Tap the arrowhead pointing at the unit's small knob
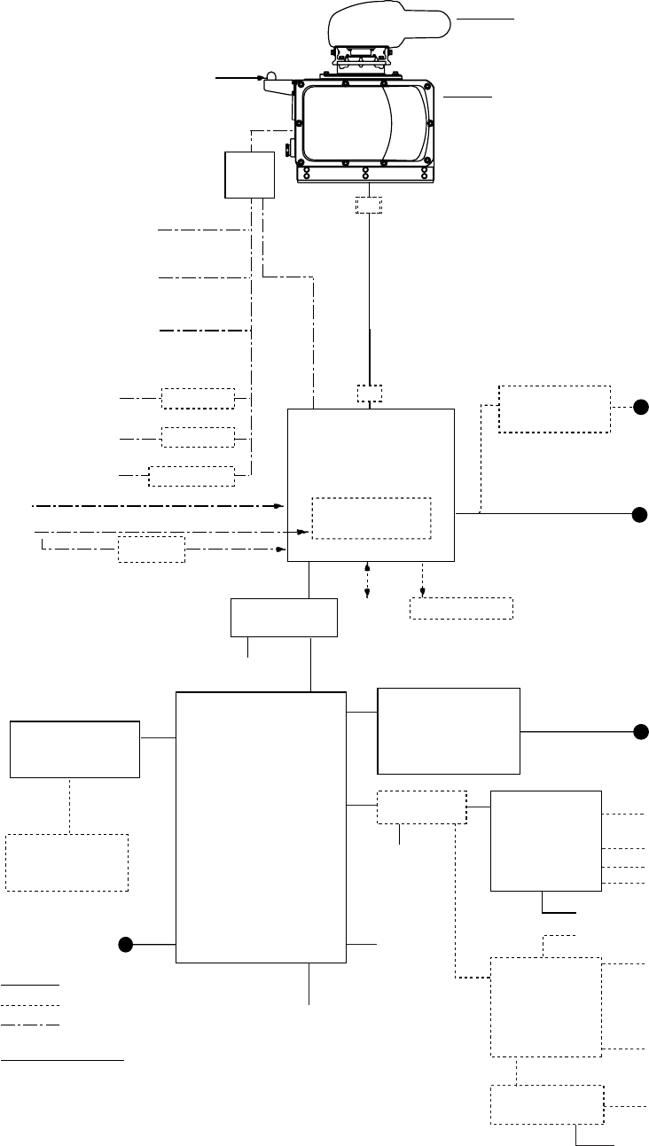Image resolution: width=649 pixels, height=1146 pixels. point(261,79)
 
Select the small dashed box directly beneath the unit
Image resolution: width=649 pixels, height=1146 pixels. point(367,205)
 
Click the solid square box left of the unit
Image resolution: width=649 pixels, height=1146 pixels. point(250,175)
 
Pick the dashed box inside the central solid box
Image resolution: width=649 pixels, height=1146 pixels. point(371,518)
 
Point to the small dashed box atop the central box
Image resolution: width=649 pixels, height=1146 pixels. point(370,394)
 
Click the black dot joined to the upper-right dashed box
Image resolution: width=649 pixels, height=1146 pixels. point(641,409)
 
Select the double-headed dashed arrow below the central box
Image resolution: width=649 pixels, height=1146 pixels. point(367,579)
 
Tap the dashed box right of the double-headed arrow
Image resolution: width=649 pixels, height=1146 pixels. point(461,609)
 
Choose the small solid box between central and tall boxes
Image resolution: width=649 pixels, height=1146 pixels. point(284,618)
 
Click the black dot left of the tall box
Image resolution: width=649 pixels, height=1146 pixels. point(127,945)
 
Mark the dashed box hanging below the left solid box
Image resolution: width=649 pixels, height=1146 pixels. point(66,861)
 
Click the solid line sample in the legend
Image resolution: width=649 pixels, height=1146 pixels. point(30,985)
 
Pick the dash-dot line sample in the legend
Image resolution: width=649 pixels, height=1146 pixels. point(30,1025)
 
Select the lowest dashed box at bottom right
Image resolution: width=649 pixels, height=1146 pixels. point(547,1104)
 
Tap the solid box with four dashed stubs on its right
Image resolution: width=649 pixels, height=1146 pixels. point(545,840)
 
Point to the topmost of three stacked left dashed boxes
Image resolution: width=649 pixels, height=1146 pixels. point(198,399)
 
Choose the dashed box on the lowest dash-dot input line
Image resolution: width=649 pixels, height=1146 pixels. point(152,550)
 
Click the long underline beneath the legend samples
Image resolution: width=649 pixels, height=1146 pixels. point(62,1059)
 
